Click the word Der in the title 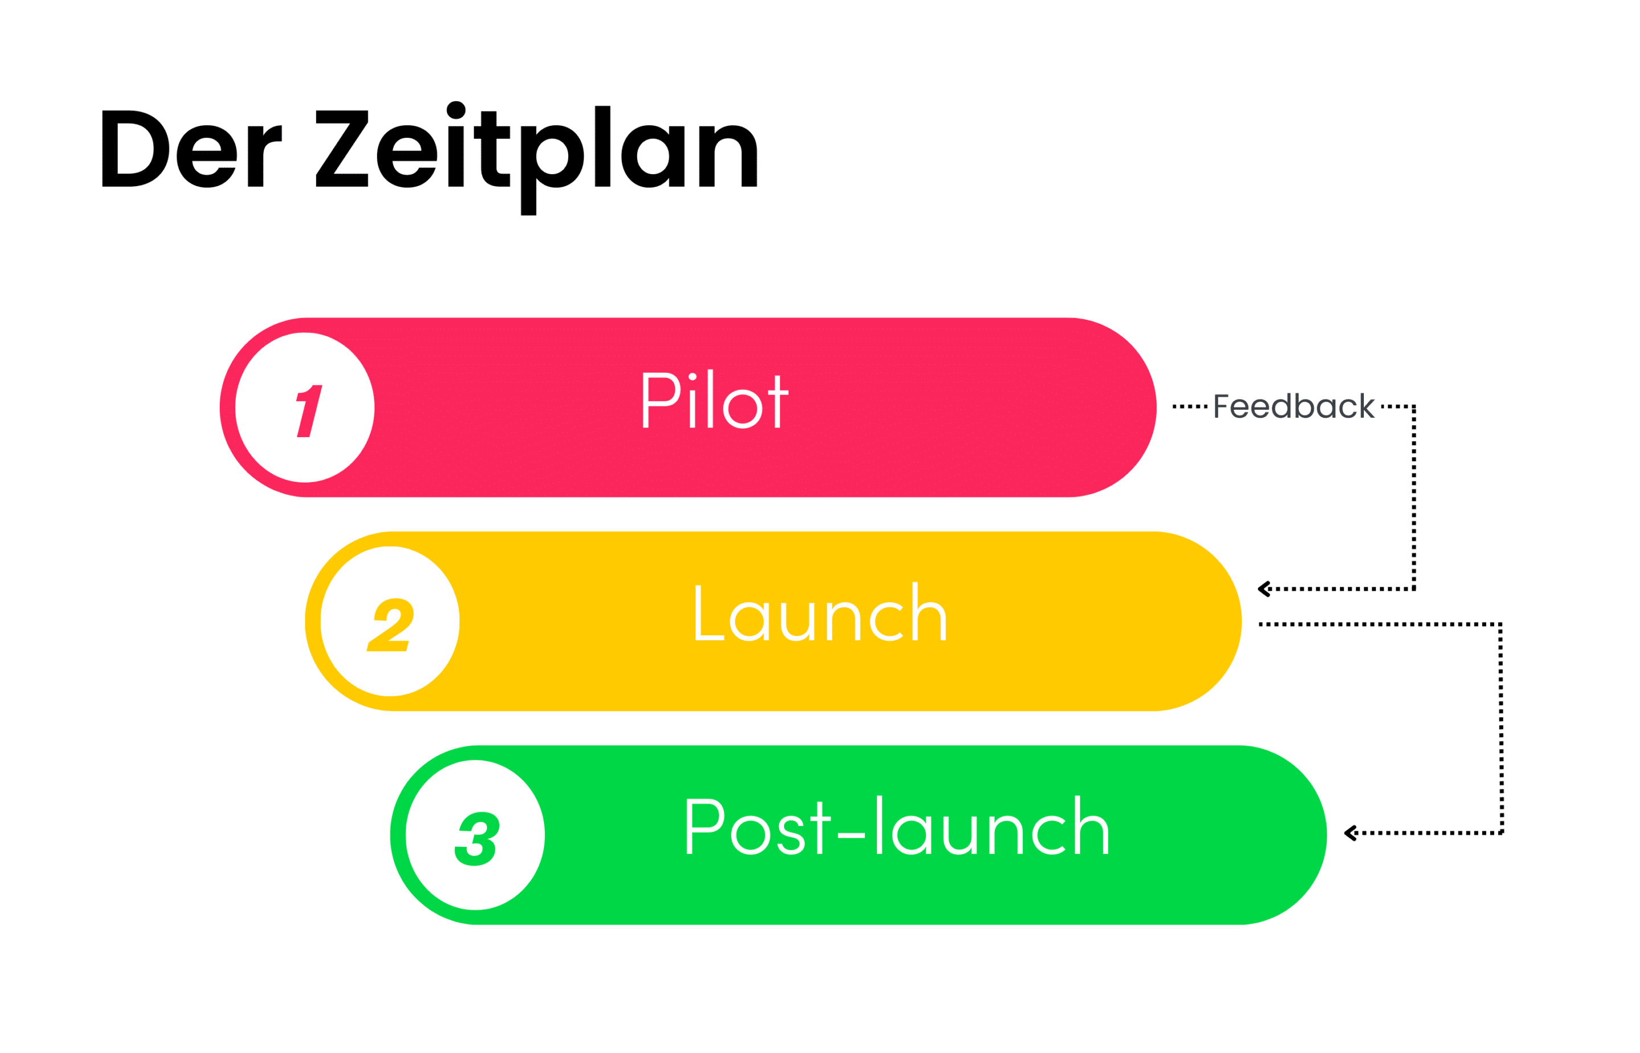(x=191, y=149)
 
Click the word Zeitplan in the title (x=536, y=154)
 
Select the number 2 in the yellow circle (x=391, y=624)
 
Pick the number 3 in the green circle (x=477, y=838)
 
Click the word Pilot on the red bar (x=715, y=401)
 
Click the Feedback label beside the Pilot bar (x=1293, y=407)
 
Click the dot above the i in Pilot (x=692, y=377)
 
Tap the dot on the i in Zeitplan (x=456, y=110)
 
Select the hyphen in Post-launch (x=851, y=836)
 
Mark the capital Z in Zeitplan (x=342, y=149)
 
